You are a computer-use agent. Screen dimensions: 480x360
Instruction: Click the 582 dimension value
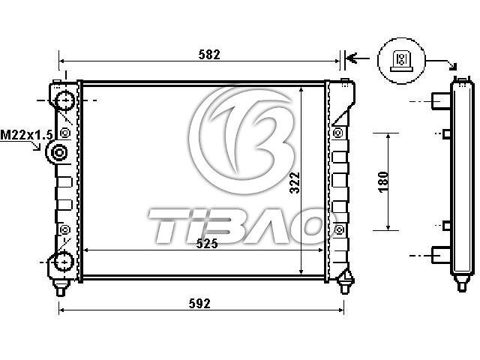pos(209,55)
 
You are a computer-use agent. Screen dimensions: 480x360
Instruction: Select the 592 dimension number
pos(199,303)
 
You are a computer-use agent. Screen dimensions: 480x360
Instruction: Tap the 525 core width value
pos(207,243)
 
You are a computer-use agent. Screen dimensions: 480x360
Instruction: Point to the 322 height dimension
pos(295,182)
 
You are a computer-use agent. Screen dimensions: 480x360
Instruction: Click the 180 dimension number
pos(383,181)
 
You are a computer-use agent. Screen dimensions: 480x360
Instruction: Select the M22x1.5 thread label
pos(27,135)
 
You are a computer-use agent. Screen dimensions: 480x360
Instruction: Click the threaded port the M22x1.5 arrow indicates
pos(58,152)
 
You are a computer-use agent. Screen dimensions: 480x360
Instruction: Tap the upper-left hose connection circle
pos(64,100)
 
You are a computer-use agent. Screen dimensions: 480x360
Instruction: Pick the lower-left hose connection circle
pos(64,262)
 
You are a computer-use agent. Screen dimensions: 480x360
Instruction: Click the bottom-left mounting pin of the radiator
pos(61,288)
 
